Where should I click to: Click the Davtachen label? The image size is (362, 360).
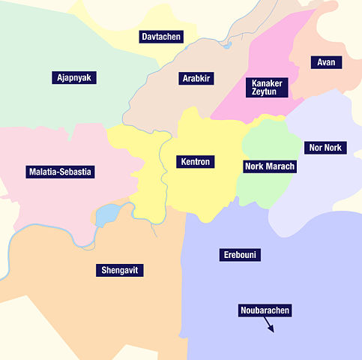pyautogui.click(x=161, y=37)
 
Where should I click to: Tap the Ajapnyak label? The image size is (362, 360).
pyautogui.click(x=75, y=77)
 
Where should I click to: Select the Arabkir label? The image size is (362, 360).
pyautogui.click(x=197, y=78)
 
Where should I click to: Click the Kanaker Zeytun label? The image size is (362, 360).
pyautogui.click(x=266, y=87)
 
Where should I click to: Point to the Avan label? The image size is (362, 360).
pyautogui.click(x=326, y=62)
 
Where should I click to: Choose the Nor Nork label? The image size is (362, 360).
pyautogui.click(x=324, y=147)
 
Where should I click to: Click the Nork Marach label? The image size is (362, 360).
pyautogui.click(x=270, y=166)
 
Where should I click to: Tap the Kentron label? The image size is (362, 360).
pyautogui.click(x=196, y=161)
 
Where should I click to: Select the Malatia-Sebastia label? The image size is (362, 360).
pyautogui.click(x=60, y=172)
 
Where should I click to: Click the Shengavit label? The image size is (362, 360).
pyautogui.click(x=119, y=270)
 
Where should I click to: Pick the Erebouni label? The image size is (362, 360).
pyautogui.click(x=241, y=255)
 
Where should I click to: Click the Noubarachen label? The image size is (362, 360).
pyautogui.click(x=265, y=310)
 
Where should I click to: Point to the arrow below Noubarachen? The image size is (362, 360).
pyautogui.click(x=268, y=325)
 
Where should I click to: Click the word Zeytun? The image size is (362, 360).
pyautogui.click(x=266, y=92)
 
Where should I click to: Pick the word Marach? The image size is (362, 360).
pyautogui.click(x=280, y=166)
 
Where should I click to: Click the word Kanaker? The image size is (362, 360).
pyautogui.click(x=266, y=82)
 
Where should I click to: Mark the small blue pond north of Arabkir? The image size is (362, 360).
pyautogui.click(x=227, y=45)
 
